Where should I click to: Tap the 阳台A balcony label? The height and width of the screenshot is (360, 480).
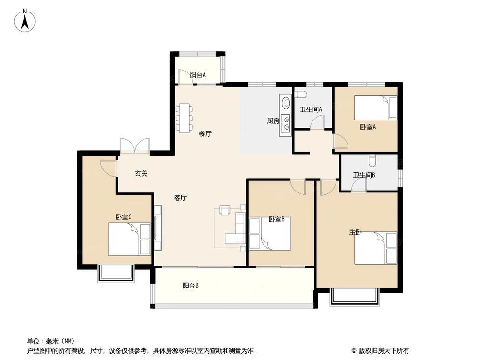[x=197, y=75]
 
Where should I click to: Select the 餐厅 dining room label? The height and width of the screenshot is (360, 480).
[x=205, y=134]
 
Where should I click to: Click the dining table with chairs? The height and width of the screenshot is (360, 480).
[x=184, y=117]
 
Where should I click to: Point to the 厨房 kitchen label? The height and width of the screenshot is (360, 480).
[x=273, y=121]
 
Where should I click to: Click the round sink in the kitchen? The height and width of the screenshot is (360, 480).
[x=286, y=102]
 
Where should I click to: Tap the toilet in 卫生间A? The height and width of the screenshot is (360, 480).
[x=300, y=94]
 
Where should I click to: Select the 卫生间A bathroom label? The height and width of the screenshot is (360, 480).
[x=311, y=109]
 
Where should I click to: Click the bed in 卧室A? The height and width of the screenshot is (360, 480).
[x=375, y=108]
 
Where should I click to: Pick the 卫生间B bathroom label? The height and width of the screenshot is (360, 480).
[x=364, y=175]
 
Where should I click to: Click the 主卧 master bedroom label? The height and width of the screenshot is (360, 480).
[x=355, y=233]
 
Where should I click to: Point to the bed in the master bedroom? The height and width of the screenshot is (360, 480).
[x=376, y=248]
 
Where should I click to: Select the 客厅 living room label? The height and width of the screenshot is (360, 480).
[x=180, y=198]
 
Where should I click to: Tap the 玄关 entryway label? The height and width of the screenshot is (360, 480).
[x=141, y=174]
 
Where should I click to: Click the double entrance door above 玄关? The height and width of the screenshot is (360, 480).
[x=134, y=146]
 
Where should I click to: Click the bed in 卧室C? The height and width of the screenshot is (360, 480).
[x=129, y=240]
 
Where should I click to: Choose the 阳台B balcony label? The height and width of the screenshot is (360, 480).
[x=191, y=286]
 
